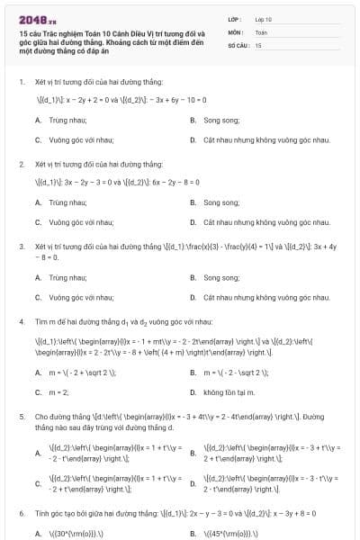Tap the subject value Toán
[261, 31]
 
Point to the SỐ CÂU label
[237, 44]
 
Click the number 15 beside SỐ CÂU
[258, 44]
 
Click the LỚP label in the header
[234, 18]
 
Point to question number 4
[21, 320]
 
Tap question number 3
[21, 246]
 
